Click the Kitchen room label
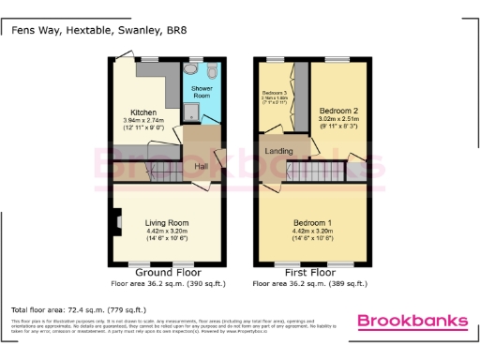pyautogui.click(x=142, y=112)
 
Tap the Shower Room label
pyautogui.click(x=202, y=91)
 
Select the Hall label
pyautogui.click(x=201, y=167)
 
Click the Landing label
pyautogui.click(x=278, y=150)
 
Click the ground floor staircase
pyautogui.click(x=150, y=172)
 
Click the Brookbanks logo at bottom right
pyautogui.click(x=412, y=322)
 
